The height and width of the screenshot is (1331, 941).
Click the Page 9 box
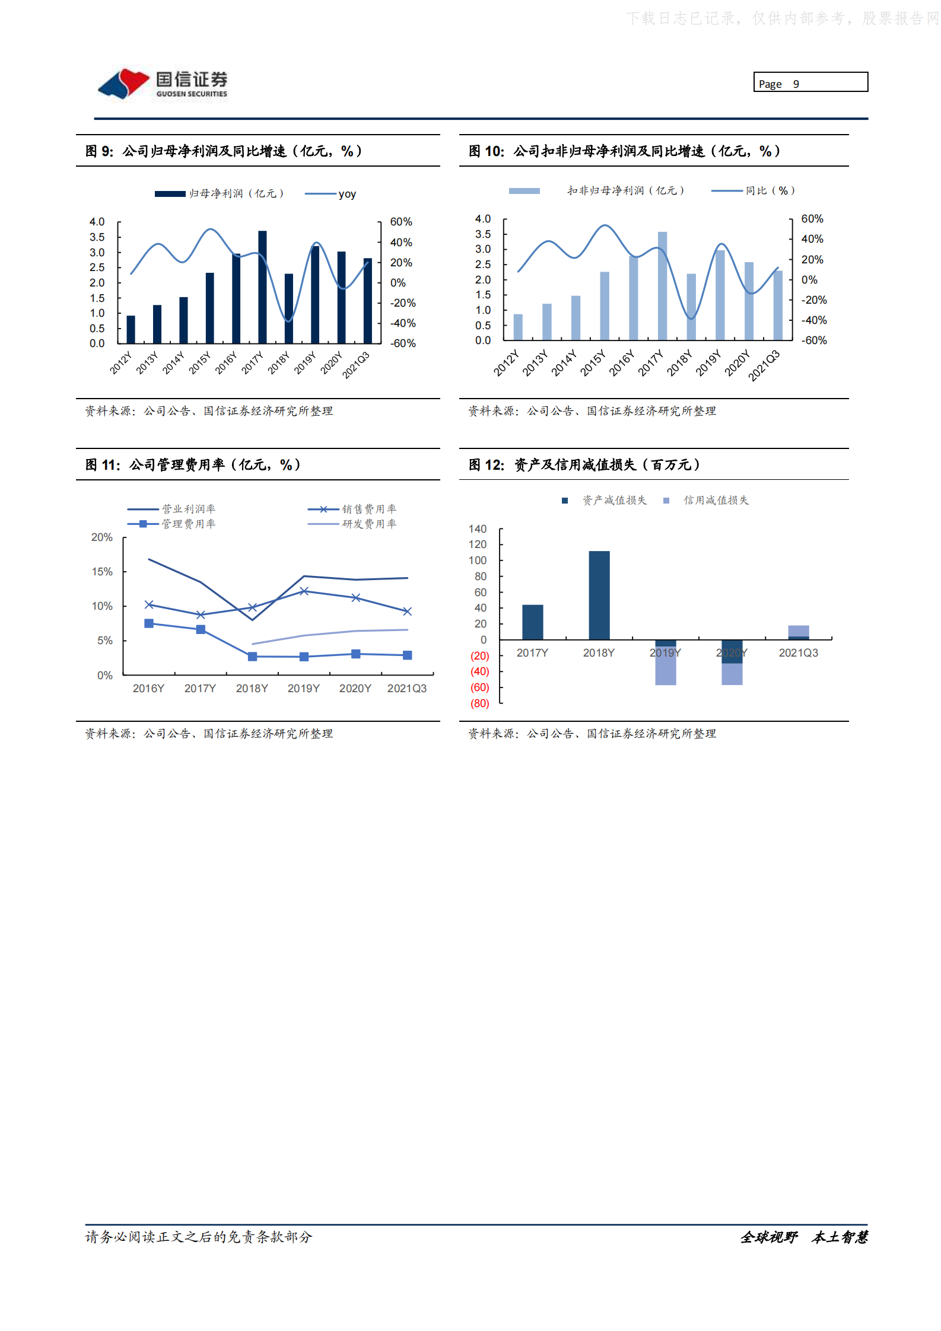(x=810, y=82)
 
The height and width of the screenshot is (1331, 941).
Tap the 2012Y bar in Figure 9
(x=131, y=329)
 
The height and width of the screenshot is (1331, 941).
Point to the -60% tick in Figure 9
(x=402, y=343)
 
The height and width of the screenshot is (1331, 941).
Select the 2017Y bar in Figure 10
(x=662, y=286)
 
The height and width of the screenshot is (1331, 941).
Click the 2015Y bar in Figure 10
(x=605, y=306)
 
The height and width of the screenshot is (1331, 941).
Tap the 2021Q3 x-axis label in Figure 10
(x=764, y=365)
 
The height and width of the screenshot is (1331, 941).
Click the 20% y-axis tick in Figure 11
(x=102, y=537)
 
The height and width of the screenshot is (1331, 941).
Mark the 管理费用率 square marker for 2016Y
(x=149, y=623)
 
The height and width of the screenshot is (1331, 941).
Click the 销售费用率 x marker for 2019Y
(x=304, y=591)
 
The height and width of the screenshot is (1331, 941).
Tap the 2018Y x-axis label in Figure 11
(x=252, y=688)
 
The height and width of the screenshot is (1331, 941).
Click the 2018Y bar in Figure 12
(x=599, y=595)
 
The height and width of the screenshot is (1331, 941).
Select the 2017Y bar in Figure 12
(x=532, y=622)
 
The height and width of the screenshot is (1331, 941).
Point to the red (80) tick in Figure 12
(x=479, y=703)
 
